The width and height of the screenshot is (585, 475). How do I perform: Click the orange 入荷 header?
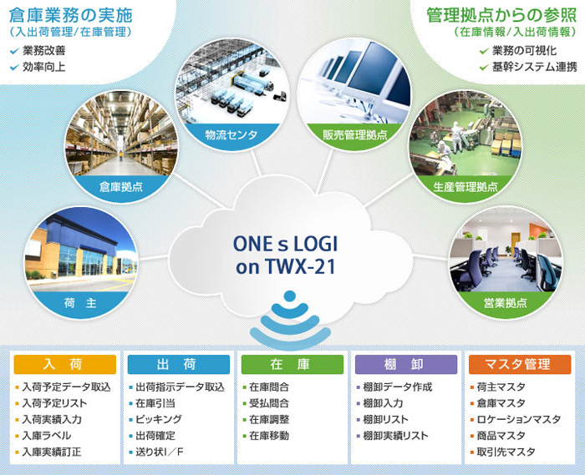(x=64, y=364)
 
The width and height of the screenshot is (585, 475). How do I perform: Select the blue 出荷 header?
(x=178, y=364)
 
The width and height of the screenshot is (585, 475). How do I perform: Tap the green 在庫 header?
(x=292, y=364)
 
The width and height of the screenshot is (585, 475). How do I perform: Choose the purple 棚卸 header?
(x=406, y=364)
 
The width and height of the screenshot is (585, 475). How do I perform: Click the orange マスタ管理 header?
(x=520, y=364)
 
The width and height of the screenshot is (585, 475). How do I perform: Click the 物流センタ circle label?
(x=231, y=135)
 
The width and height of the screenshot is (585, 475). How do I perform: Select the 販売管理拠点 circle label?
(x=355, y=135)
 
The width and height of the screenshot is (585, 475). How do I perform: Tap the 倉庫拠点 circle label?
(x=121, y=187)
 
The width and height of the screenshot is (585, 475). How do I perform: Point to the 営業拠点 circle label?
(x=505, y=303)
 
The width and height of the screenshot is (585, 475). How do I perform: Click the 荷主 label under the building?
(x=80, y=303)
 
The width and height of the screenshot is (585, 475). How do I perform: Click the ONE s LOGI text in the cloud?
(x=285, y=244)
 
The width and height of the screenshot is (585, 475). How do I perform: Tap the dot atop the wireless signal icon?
(x=290, y=296)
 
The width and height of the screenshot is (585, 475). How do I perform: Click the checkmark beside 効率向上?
(x=14, y=68)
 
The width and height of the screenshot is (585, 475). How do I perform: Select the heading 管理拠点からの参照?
(x=501, y=15)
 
